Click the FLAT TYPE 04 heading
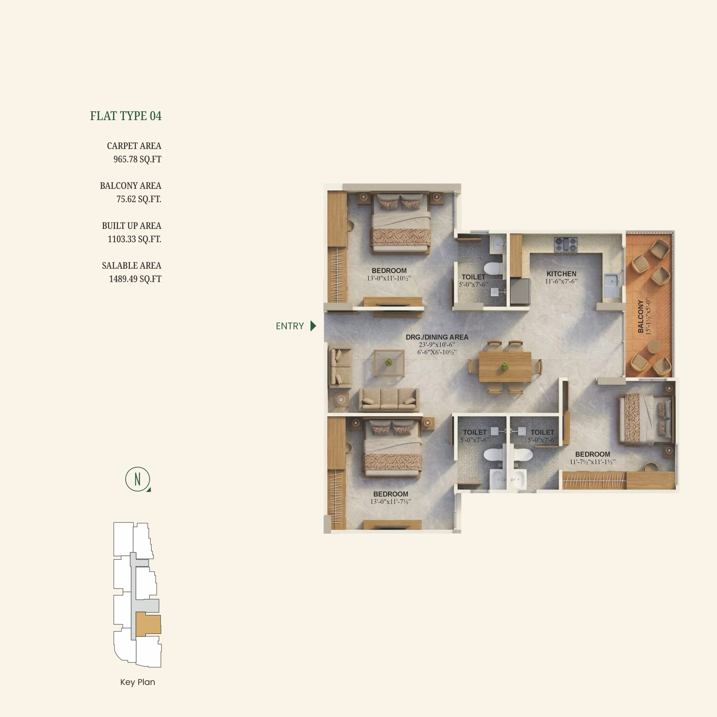[x=126, y=116]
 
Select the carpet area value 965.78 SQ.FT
[x=137, y=159]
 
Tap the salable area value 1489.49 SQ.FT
[x=135, y=279]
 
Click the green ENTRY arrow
[x=313, y=326]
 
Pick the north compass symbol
[x=138, y=479]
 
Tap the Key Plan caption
[x=138, y=682]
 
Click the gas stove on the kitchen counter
[x=566, y=244]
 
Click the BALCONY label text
[x=641, y=316]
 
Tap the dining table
[x=505, y=367]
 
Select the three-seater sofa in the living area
[x=389, y=399]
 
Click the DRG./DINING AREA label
[x=437, y=337]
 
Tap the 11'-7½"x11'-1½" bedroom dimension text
[x=593, y=462]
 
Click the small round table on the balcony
[x=654, y=346]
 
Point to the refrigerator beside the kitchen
[x=520, y=291]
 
